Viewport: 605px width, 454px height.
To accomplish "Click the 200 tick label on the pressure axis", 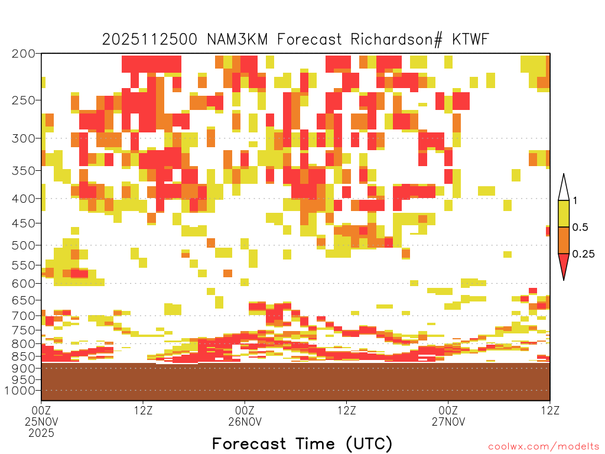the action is tap(23, 54).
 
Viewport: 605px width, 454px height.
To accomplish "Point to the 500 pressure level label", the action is tap(23, 245).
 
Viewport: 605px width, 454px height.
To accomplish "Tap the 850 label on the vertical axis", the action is tap(23, 356).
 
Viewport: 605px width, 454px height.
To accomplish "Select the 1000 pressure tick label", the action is tap(19, 391).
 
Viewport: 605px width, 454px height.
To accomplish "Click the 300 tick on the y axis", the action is tap(23, 138).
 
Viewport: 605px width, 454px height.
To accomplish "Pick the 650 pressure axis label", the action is tap(23, 300).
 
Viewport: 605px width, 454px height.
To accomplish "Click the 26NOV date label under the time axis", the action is tap(245, 421).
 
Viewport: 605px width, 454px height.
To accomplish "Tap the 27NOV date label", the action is tap(448, 421).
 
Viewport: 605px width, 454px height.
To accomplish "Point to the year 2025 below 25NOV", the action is tap(41, 433).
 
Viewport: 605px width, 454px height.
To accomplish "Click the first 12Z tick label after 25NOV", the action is tap(143, 410).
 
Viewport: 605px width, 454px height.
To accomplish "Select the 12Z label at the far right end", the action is tap(550, 410).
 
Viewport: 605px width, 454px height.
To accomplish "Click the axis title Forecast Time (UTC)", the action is tap(302, 443).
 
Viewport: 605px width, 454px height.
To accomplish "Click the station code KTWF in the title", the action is tap(470, 39).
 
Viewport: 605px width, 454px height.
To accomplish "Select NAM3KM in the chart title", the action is tap(238, 39).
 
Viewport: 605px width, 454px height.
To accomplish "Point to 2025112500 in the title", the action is tap(149, 39).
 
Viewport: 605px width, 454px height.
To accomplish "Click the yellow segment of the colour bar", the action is tap(564, 213).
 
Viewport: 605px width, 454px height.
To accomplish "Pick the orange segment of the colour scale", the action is tap(564, 240).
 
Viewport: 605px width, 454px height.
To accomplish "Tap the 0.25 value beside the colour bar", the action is tap(583, 254).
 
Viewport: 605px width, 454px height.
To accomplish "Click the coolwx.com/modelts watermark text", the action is tap(544, 447).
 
